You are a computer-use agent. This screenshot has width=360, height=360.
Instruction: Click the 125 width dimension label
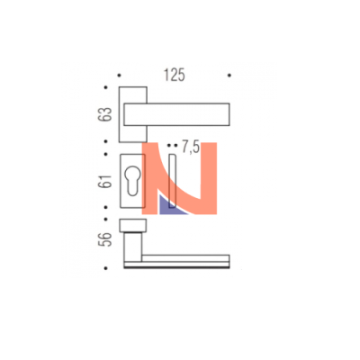pos(174,75)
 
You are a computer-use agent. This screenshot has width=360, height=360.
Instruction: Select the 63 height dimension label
pos(104,114)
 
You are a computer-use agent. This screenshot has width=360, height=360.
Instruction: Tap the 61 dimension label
pos(104,181)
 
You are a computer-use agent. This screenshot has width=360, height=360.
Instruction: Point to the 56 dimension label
pos(104,239)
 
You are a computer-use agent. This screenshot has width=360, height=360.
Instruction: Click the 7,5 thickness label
pos(191,147)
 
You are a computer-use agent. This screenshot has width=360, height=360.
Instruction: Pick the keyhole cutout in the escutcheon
pos(132,182)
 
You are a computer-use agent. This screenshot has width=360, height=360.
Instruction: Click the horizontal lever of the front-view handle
pos(176,114)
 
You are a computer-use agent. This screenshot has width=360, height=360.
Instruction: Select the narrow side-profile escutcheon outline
pos(173,181)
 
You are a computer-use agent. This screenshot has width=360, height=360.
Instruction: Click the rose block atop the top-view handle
pos(133,226)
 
